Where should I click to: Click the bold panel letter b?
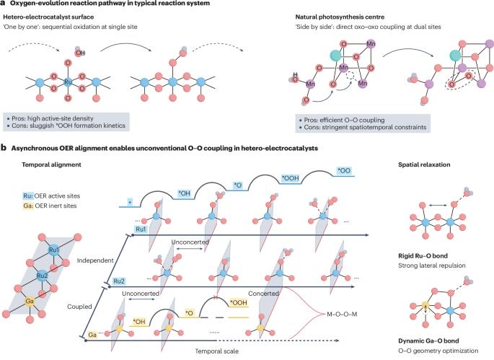point(5,149)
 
